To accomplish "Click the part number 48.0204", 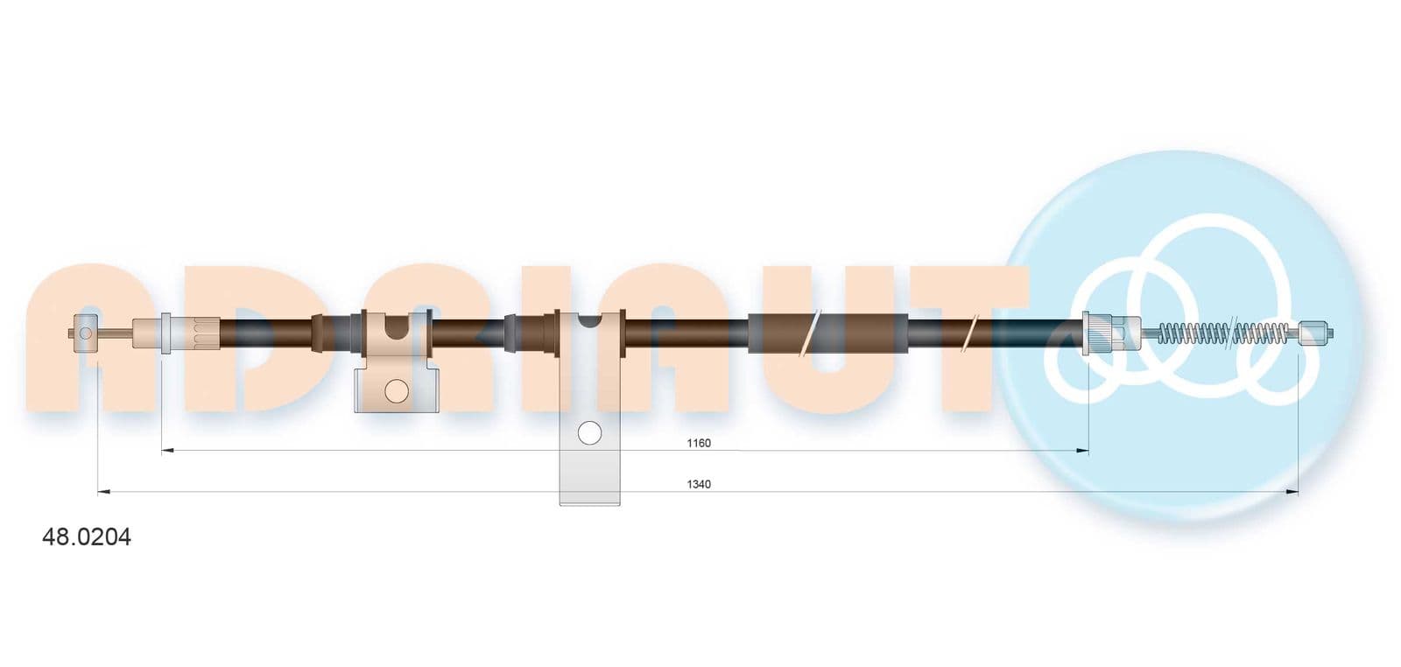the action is (87, 537).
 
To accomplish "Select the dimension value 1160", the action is (699, 443).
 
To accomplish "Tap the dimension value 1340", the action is (699, 484).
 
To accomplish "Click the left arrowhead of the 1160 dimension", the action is (167, 450).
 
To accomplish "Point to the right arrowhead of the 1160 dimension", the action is (1082, 450).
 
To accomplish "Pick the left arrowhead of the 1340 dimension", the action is (104, 492).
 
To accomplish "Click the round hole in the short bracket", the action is (396, 390).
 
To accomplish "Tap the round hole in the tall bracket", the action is (589, 432).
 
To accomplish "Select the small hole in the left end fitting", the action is (86, 333).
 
